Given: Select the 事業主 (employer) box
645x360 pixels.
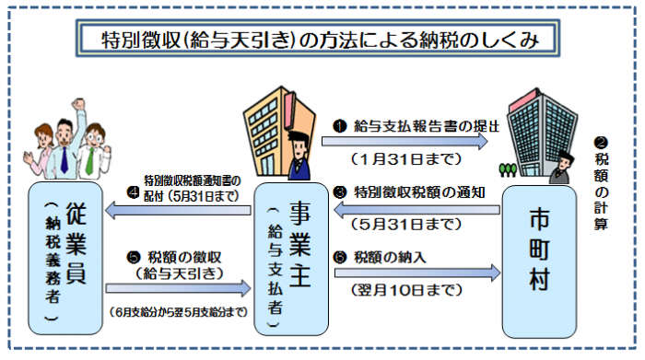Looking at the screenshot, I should click(x=292, y=258).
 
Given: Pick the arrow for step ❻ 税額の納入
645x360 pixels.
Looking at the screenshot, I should click(x=416, y=272).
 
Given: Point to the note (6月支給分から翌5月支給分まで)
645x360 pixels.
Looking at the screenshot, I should click(x=178, y=312).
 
